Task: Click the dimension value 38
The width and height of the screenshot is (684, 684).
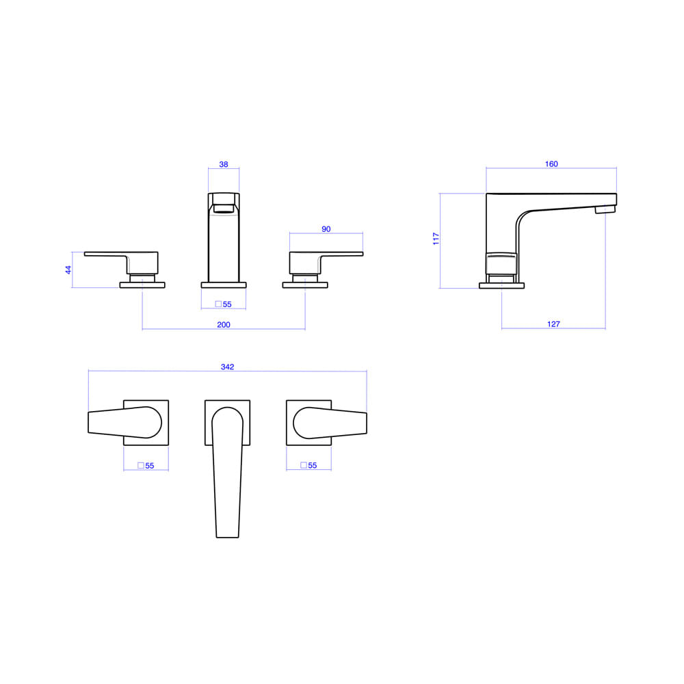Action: pos(224,164)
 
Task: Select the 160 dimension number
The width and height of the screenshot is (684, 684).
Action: pos(551,164)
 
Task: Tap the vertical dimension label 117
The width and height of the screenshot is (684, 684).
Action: pos(436,239)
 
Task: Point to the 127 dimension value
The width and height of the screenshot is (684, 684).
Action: pos(553,324)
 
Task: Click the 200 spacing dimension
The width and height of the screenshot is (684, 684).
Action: pos(224,324)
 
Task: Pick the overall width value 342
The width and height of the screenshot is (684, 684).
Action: pos(227,367)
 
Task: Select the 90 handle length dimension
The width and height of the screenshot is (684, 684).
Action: pos(326,229)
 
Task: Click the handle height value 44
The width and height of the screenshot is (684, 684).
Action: pos(68,270)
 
